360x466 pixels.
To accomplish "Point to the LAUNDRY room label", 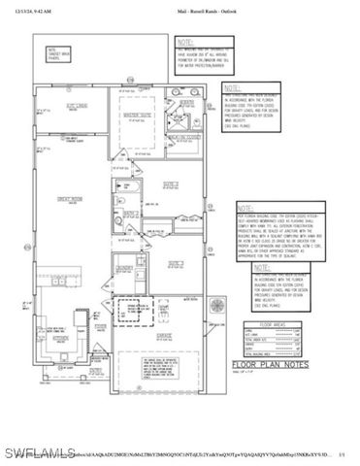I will [x=123, y=266].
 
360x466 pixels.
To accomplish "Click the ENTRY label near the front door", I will [x=95, y=371].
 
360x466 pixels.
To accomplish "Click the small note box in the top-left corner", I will [x=62, y=53].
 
